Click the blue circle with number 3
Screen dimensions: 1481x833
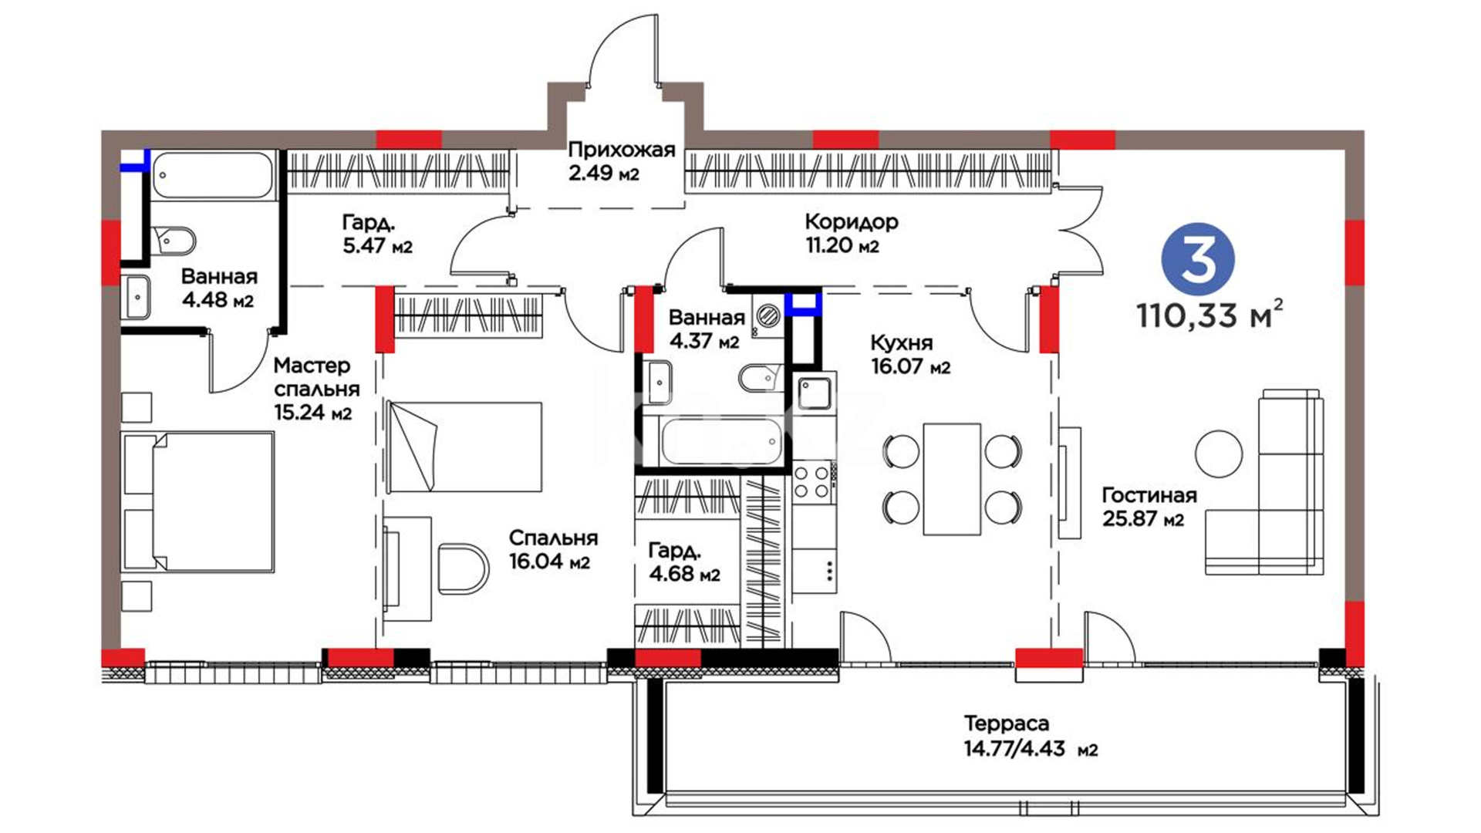click(x=1197, y=261)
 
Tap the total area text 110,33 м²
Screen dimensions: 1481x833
click(x=1210, y=314)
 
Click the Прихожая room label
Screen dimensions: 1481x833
click(x=621, y=150)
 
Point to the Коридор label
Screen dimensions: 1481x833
click(x=851, y=222)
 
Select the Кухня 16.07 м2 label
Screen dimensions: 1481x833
click(x=910, y=354)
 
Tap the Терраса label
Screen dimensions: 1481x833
click(x=1007, y=723)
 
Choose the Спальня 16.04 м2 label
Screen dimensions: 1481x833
click(x=552, y=549)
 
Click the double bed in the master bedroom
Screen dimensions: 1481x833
click(x=198, y=502)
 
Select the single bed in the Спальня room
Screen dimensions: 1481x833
click(x=464, y=447)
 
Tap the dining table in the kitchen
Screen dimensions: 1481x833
click(x=952, y=478)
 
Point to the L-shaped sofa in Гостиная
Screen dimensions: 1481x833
click(x=1265, y=482)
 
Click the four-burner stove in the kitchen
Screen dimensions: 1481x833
click(x=813, y=481)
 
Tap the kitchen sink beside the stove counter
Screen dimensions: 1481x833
click(x=814, y=393)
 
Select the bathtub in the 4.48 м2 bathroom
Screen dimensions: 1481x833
click(x=212, y=175)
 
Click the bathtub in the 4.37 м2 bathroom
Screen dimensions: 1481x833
click(x=721, y=441)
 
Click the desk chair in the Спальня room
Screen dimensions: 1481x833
click(x=463, y=568)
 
